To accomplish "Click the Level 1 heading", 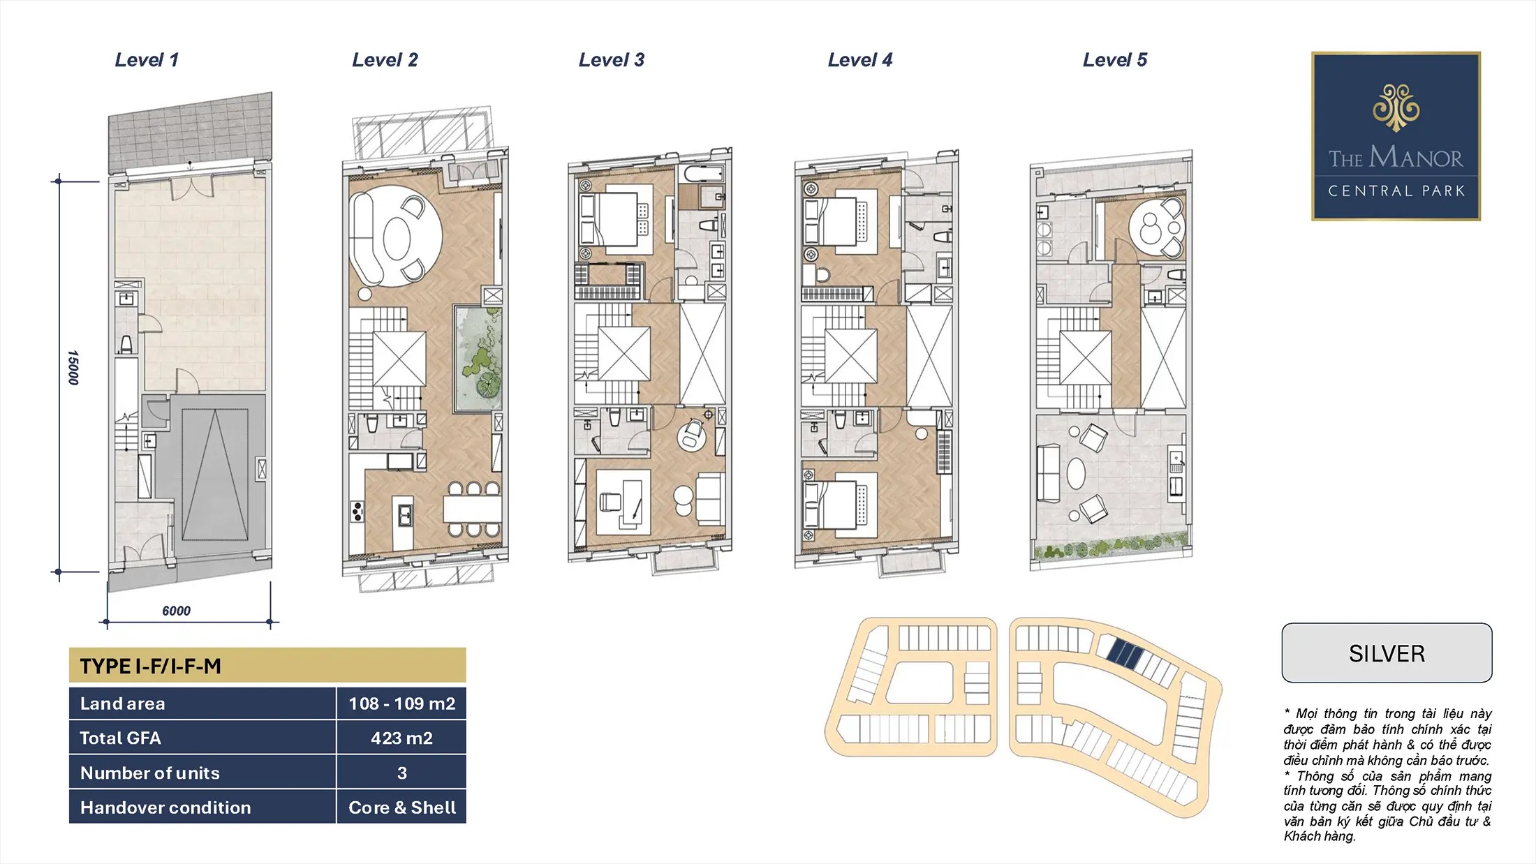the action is (147, 60).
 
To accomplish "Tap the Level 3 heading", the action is (612, 60).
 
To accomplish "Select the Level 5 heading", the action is (1115, 60).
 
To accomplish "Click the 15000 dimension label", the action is (73, 368).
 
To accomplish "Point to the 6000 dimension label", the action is (176, 611).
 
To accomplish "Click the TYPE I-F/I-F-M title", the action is (151, 666).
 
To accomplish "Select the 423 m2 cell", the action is (401, 738).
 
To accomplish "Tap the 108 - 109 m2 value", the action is (401, 703).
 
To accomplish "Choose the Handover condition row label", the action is (165, 807).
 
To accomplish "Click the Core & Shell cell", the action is (401, 807).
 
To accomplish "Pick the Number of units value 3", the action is (401, 773).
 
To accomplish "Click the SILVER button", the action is (1387, 653).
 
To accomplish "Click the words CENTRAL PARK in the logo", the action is (1396, 191).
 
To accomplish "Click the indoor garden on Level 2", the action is (478, 357).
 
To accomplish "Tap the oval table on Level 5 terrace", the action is (1076, 473).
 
